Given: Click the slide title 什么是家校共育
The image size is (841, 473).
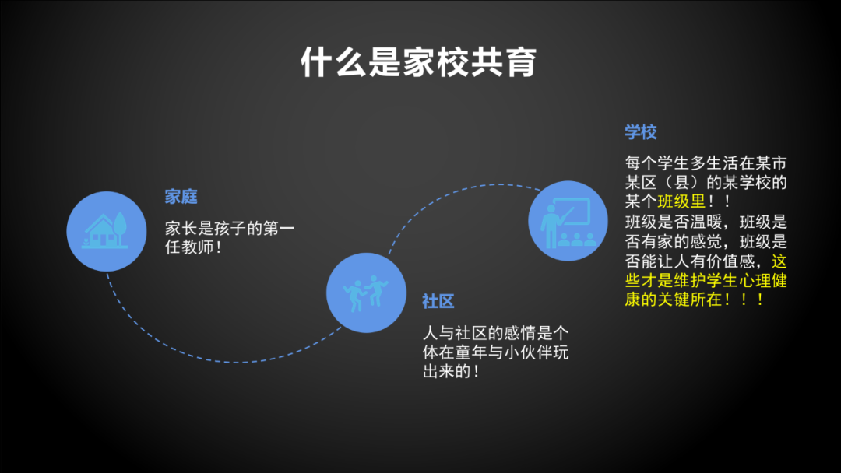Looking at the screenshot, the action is coord(418,62).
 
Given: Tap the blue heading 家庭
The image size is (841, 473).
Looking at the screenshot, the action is coord(181,197).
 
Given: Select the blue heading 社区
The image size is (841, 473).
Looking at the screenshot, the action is coord(438,301).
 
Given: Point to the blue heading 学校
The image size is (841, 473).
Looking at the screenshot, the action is coord(640,131).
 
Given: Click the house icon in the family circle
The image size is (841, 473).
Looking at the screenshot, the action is coord(99,231).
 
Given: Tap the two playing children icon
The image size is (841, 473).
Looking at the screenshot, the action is coord(366,293).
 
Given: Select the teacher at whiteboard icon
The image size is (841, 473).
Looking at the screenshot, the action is coord(568,222).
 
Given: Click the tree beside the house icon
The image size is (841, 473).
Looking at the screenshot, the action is coord(120,226).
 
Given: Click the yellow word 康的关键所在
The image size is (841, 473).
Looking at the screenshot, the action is coord(673,300).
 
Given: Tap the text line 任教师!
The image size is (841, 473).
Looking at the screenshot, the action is coord(193,247).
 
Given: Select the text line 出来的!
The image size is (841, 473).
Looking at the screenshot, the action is coord(451,371).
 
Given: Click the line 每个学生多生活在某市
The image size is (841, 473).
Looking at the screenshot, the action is coord(706,163).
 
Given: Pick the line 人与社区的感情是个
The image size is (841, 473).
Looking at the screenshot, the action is coord(495,333).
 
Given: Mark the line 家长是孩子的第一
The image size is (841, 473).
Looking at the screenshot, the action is coord(230,229).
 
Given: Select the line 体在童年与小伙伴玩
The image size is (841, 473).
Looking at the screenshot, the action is coord(495,352).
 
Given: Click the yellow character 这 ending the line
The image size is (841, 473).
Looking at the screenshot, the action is coord(779,261).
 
